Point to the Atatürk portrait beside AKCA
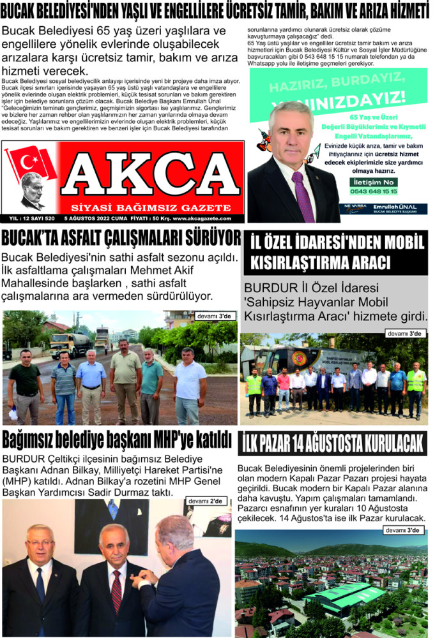(x=32, y=191)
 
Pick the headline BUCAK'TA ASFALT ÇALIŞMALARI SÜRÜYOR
(x=121, y=239)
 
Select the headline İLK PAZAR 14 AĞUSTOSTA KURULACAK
(x=333, y=441)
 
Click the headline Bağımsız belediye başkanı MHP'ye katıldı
(x=116, y=440)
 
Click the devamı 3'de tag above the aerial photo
(x=404, y=530)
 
